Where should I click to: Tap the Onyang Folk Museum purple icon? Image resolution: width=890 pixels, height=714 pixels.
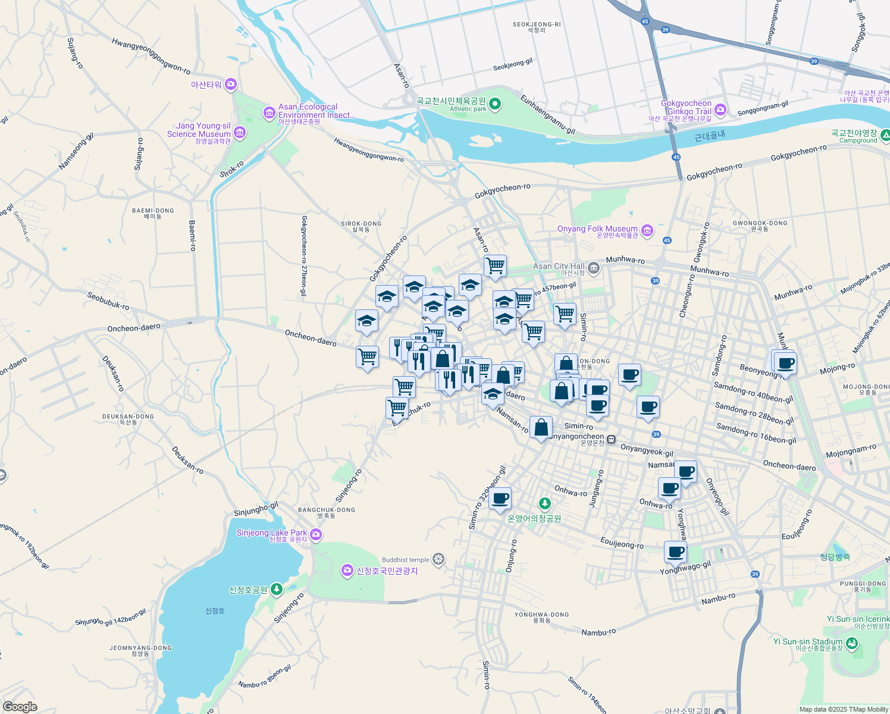647,230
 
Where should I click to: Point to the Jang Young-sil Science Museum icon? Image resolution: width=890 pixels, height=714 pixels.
240,132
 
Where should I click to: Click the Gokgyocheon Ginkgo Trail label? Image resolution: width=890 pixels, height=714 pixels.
686,107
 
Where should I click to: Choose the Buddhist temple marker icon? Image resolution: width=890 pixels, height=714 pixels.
438,559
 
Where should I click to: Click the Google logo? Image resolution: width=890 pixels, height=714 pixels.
20,707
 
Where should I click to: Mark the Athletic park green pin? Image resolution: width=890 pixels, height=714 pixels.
494,105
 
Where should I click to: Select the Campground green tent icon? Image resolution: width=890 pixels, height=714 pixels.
885,136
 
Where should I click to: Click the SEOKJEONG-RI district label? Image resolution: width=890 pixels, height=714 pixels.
537,25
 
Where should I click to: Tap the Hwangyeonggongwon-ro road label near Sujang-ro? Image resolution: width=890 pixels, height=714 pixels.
151,56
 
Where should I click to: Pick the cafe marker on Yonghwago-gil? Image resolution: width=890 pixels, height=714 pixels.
675,552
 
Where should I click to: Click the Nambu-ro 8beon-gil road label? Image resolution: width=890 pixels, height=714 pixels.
265,677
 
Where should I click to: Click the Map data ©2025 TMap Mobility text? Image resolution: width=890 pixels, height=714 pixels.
844,709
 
